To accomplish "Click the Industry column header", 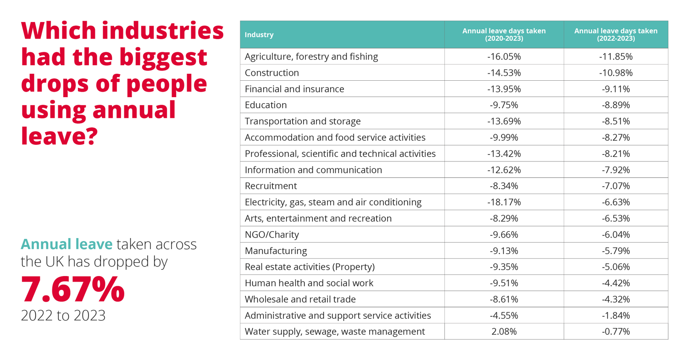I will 259,35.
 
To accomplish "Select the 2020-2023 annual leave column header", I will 504,35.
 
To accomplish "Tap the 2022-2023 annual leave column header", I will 616,35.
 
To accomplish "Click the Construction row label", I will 272,73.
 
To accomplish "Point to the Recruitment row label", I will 271,186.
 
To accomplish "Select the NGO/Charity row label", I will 272,235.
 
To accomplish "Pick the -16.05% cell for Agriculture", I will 504,57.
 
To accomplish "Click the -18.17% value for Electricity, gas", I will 504,202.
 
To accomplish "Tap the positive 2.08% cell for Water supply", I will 504,332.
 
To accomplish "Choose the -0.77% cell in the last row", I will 616,332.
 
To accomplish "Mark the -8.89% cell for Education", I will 616,105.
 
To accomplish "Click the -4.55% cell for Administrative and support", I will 504,316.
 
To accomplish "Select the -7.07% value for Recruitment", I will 616,186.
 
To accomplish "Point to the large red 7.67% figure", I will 73,289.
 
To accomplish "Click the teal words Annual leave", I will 67,244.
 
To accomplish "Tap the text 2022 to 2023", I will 63,316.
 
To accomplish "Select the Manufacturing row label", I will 276,251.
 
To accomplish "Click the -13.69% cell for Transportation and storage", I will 504,122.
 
